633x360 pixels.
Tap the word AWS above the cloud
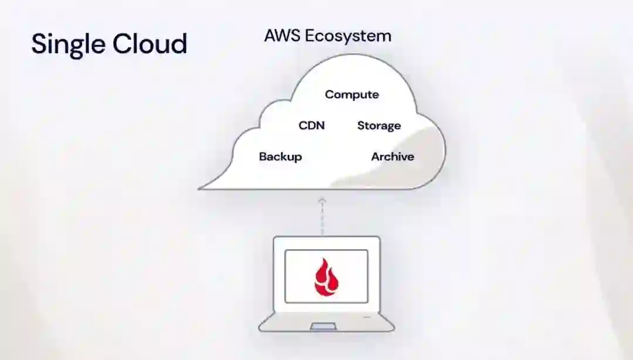281,35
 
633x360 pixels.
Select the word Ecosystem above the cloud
348,36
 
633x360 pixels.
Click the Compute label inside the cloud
352,94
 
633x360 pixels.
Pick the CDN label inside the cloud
311,125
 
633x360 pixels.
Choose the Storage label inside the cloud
379,126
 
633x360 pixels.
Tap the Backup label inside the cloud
280,157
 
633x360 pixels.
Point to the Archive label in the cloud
392,157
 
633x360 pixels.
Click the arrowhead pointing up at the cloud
321,201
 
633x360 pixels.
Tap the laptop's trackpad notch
324,325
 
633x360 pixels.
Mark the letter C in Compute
329,94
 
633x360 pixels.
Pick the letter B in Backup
263,157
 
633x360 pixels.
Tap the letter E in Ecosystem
308,36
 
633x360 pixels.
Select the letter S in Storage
361,125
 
